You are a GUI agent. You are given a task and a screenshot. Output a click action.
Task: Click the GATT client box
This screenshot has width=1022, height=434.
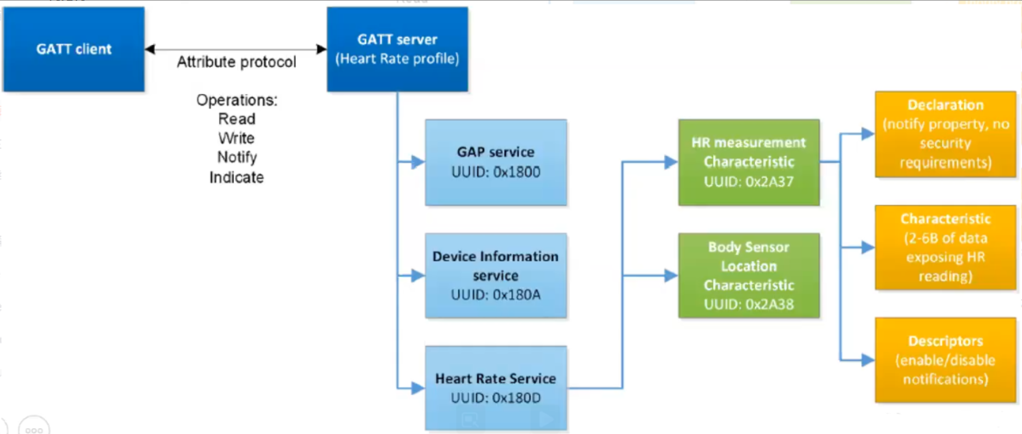coord(74,49)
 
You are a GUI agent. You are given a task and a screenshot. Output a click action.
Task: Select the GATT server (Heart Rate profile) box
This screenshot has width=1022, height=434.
coord(397,49)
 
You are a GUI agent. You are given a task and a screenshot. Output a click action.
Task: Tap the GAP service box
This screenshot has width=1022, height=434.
coord(496,162)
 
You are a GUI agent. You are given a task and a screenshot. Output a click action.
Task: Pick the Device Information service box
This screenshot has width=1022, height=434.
coord(496,276)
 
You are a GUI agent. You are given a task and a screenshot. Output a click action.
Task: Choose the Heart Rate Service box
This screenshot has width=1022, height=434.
coord(496,388)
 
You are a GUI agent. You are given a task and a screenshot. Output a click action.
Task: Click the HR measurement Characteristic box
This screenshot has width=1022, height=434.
coord(749,162)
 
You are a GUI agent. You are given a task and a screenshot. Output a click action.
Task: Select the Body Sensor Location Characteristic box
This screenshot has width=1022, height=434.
coord(749,276)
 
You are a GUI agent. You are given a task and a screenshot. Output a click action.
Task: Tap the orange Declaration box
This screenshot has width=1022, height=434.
coord(946,134)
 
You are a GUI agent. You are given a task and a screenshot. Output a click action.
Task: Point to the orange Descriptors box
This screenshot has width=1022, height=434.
coord(946,360)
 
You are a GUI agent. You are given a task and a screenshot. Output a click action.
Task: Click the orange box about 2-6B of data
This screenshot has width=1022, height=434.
coord(946,247)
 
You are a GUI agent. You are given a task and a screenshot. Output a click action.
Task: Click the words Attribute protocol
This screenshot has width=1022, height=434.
coord(236,62)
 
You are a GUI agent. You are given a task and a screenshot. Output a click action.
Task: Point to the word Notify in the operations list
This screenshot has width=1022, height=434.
coord(237,157)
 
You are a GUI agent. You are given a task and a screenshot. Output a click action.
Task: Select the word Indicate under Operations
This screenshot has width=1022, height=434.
coord(236,177)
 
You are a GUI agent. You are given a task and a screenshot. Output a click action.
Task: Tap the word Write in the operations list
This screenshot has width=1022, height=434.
coord(236,138)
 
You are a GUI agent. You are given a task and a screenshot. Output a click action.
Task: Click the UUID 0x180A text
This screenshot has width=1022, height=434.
coord(495,295)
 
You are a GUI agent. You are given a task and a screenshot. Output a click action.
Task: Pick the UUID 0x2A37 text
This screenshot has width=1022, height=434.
coord(749,182)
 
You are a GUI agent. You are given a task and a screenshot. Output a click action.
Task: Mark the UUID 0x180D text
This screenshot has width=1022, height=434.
coord(495,398)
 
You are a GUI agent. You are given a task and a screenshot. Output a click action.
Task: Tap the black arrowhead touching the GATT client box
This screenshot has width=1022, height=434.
coord(150,49)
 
